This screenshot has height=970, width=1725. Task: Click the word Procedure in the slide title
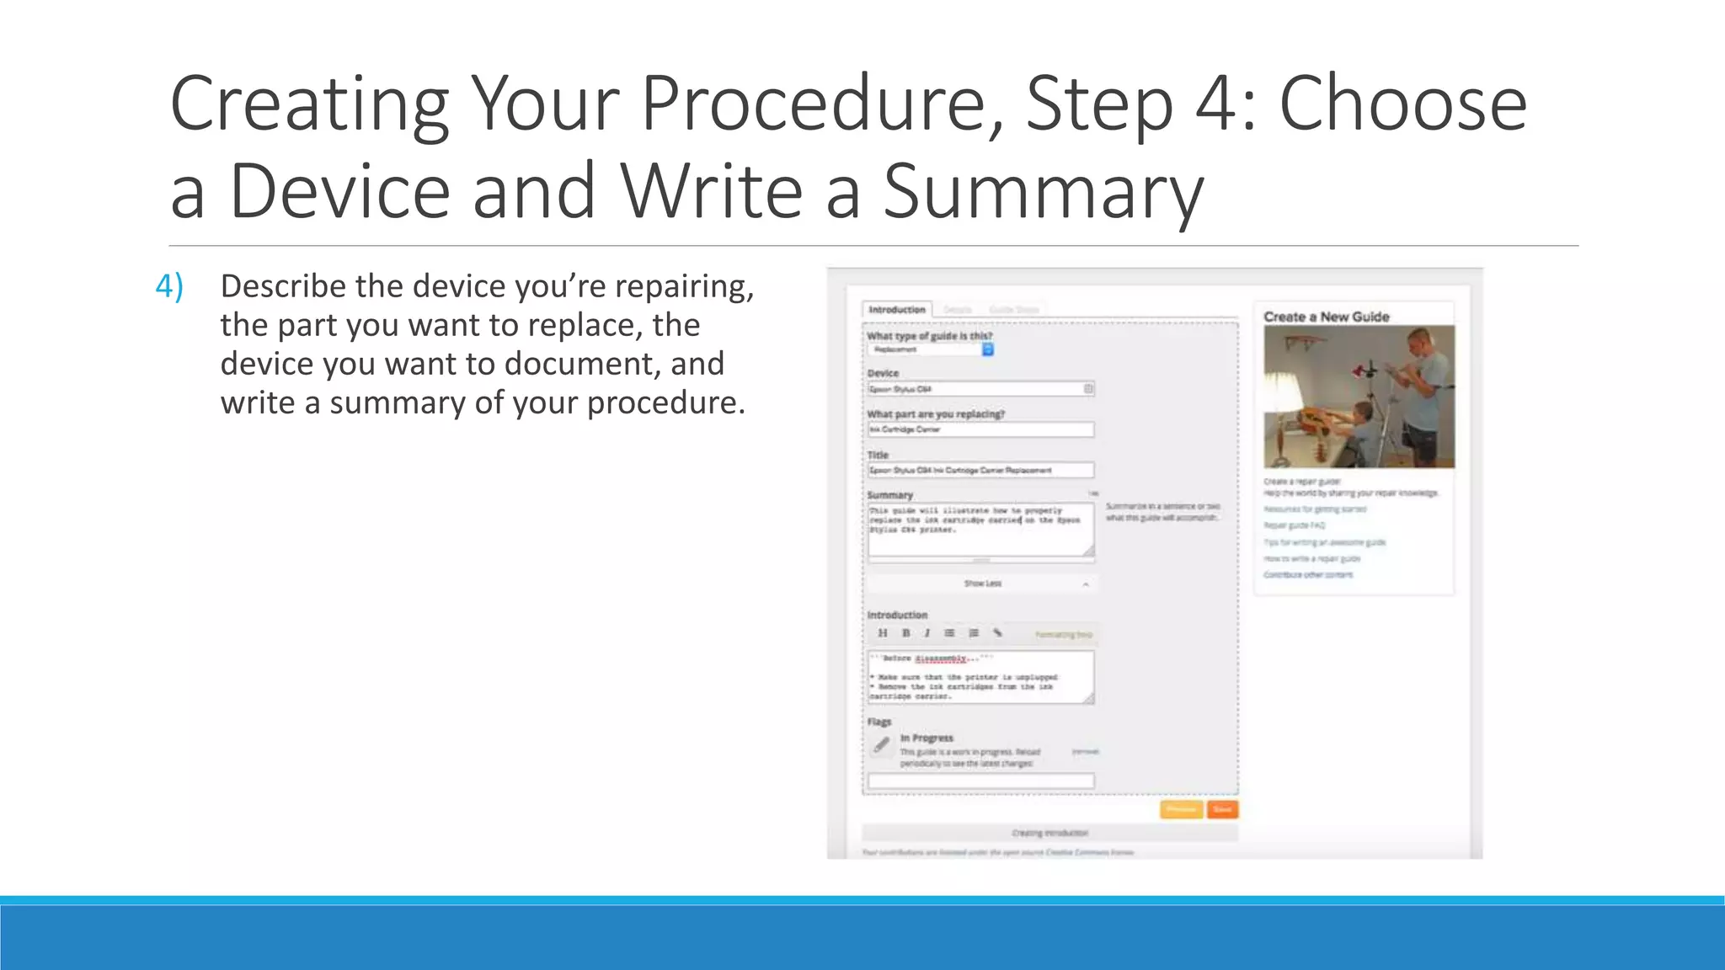coord(822,104)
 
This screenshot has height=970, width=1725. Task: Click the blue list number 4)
coord(169,286)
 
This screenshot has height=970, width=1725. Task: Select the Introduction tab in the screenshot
coord(897,310)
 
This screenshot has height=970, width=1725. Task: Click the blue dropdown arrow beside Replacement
coord(988,349)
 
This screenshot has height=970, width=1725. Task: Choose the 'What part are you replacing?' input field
coord(980,429)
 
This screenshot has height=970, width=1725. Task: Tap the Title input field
coord(980,470)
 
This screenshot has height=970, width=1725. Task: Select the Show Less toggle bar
coord(982,584)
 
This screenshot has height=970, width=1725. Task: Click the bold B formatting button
coord(906,633)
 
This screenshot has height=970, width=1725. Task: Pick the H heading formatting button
coord(882,633)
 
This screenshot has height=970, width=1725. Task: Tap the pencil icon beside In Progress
coord(881,745)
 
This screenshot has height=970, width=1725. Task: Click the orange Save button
coord(1222,809)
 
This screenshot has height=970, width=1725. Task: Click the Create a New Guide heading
coord(1326,317)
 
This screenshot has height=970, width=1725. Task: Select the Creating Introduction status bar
coord(1049,833)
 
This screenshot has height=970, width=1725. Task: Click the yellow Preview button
coord(1181,809)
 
